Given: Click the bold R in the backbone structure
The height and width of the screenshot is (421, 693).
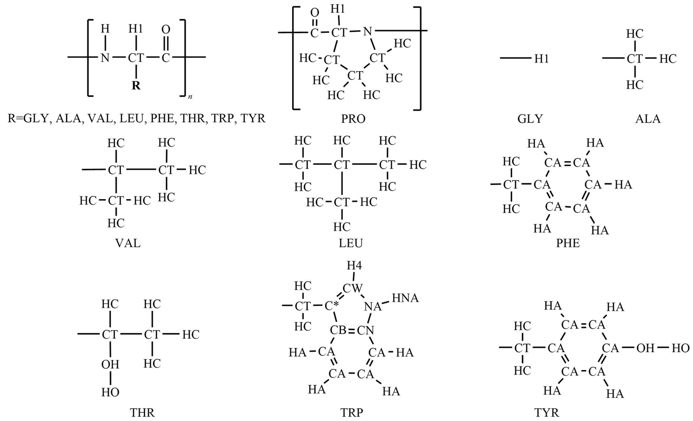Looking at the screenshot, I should coord(136,85).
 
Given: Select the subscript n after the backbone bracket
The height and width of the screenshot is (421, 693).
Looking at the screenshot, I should coord(190,97).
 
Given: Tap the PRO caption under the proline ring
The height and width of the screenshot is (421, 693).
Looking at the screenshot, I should coord(353,119).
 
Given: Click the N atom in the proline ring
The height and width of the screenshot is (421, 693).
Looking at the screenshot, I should coord(367,31).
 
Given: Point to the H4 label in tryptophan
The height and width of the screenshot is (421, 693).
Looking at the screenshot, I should coord(354,266).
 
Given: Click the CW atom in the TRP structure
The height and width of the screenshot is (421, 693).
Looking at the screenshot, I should coord(352,288).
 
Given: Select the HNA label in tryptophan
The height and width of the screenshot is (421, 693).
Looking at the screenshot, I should coord(405,298).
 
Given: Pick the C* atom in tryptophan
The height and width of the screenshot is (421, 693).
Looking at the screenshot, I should coord(332,306).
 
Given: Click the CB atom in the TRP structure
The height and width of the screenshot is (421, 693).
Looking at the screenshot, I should coord(338,330).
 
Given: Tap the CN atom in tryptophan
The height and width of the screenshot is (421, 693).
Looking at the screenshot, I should coord(366,330).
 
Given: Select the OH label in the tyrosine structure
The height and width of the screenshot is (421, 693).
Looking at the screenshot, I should coord(645,348).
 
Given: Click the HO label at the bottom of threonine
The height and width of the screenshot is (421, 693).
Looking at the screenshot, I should coord(110,392).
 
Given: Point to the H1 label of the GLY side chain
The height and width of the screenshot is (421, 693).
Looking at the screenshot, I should coord(541,59).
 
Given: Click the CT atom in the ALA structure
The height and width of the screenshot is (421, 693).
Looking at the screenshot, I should coord(635,59).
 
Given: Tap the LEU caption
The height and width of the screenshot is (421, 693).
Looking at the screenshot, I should coord(351,243).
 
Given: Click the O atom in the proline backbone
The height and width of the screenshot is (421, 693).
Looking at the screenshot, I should coord(315,13).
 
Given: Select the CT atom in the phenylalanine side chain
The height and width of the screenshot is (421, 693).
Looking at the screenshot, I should coord(511,185).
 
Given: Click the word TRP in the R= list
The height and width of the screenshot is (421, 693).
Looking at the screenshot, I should coord(223,118).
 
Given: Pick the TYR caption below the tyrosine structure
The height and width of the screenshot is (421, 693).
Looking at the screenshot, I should coord(547,413).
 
